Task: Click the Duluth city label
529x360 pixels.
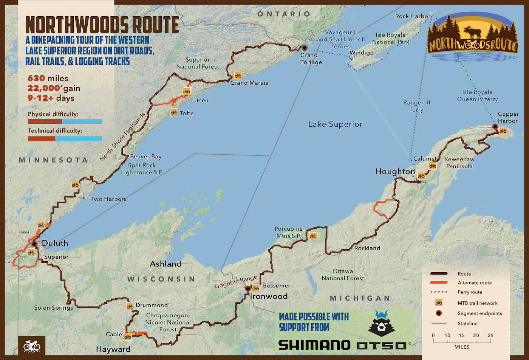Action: [x=55, y=243]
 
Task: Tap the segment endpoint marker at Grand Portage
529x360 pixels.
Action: [x=305, y=48]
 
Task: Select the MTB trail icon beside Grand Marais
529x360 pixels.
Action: [x=238, y=75]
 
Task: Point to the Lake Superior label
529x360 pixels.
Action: [x=335, y=124]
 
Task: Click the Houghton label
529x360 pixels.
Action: [x=395, y=172]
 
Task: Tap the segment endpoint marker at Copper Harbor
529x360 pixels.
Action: [x=495, y=126]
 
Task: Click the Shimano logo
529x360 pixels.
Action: [x=314, y=345]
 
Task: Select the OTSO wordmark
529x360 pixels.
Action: [x=382, y=345]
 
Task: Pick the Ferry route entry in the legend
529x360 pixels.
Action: [x=470, y=292]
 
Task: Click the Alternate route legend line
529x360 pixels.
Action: [x=438, y=283]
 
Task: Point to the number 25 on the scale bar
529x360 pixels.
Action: [x=490, y=335]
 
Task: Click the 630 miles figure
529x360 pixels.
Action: [x=48, y=78]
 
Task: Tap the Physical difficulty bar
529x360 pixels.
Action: [x=65, y=122]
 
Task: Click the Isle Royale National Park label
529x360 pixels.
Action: [x=391, y=39]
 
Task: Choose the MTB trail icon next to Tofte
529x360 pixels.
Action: [x=174, y=112]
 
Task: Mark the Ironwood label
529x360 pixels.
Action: [x=269, y=296]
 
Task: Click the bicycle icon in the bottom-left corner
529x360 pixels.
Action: [x=31, y=346]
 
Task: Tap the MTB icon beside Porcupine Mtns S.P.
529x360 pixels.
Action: [x=313, y=236]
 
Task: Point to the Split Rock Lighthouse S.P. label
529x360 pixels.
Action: [x=142, y=169]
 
